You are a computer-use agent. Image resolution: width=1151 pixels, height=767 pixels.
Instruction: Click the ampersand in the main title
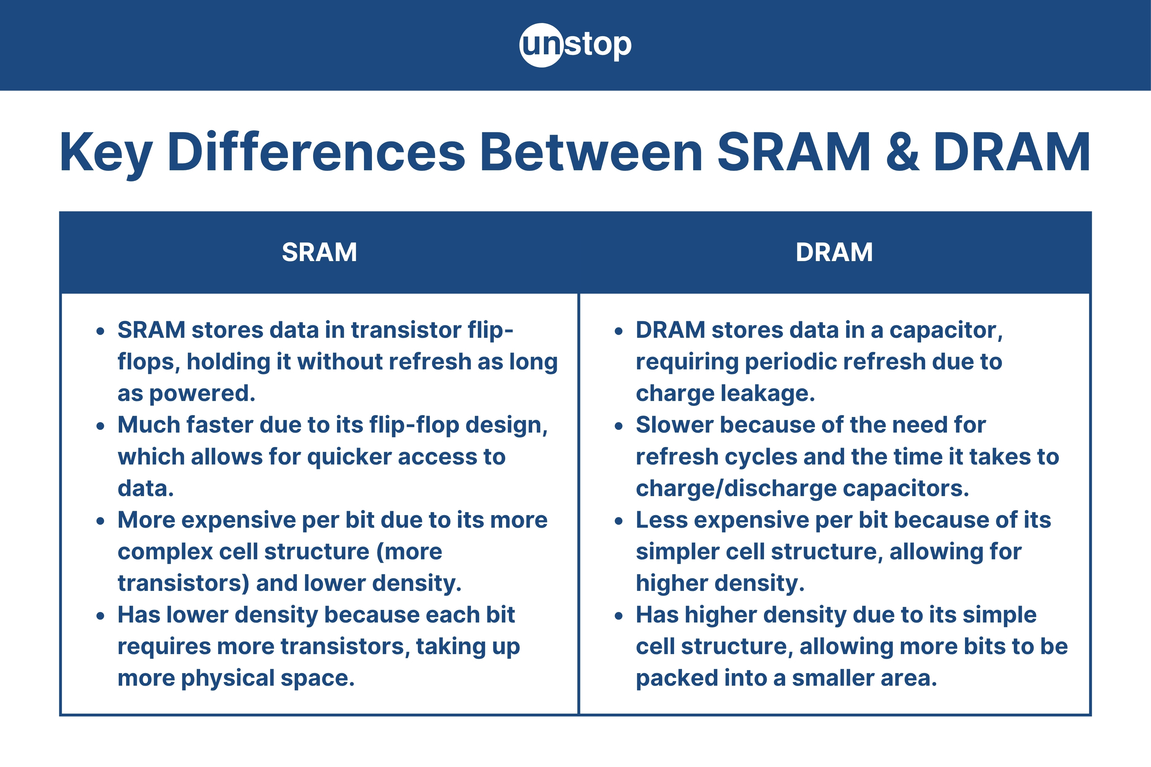(x=902, y=152)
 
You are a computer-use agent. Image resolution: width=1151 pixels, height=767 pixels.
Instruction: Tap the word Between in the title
(x=591, y=152)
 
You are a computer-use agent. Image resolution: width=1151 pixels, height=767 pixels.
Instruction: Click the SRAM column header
(x=319, y=252)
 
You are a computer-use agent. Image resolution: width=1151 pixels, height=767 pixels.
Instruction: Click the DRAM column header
(x=834, y=252)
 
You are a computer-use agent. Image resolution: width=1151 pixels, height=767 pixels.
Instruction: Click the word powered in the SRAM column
(x=202, y=394)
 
